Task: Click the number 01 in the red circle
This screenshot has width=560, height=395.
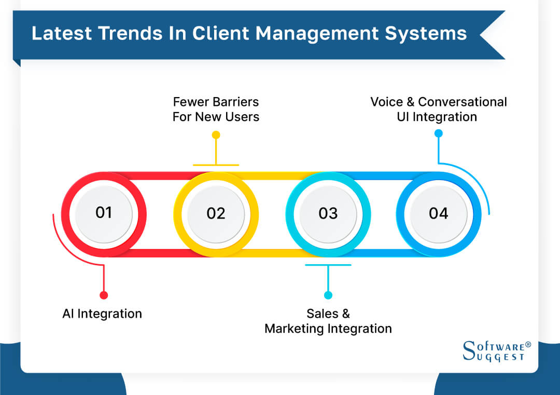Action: tap(104, 212)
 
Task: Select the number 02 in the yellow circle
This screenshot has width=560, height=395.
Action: tap(216, 213)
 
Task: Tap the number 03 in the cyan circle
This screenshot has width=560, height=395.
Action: tap(328, 213)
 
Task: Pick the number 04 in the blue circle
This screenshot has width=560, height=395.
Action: tap(438, 213)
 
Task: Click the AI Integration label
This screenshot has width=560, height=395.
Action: tap(102, 314)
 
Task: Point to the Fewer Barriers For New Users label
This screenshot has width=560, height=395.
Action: tap(216, 109)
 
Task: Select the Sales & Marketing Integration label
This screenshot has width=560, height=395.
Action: tap(328, 321)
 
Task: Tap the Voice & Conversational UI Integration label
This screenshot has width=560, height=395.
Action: tap(438, 109)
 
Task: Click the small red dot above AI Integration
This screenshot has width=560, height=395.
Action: tap(104, 295)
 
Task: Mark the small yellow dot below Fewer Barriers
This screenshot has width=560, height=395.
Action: tap(216, 135)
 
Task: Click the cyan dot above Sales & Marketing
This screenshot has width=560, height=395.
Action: tap(328, 295)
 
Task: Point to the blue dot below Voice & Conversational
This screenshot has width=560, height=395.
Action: tap(438, 133)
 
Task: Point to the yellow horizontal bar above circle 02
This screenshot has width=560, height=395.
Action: tap(216, 165)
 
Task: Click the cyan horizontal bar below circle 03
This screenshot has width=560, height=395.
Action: tap(328, 265)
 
